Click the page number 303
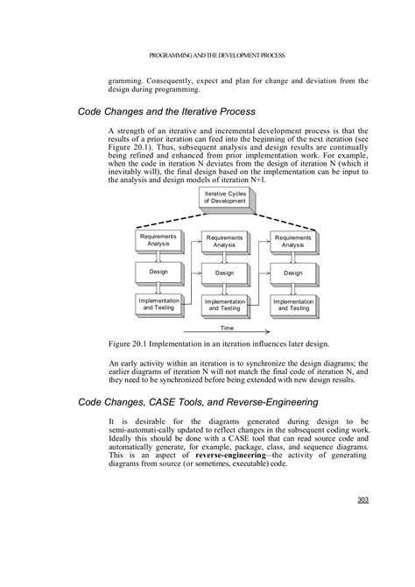coord(362,500)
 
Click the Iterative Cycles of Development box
coord(226,197)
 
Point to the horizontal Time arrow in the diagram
coord(227,334)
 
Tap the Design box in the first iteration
coord(158,272)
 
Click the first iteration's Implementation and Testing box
coord(158,304)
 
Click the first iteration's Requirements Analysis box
coord(158,239)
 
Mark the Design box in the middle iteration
coord(226,272)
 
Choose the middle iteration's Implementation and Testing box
coord(226,305)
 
